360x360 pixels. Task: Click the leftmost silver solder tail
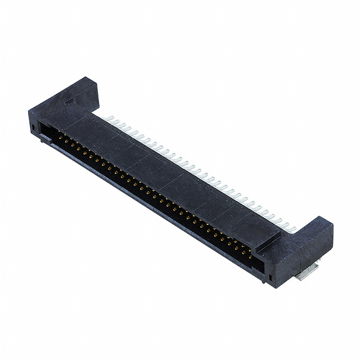(111, 119)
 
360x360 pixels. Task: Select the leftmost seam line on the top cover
(84, 121)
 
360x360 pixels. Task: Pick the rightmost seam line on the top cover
(236, 214)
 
